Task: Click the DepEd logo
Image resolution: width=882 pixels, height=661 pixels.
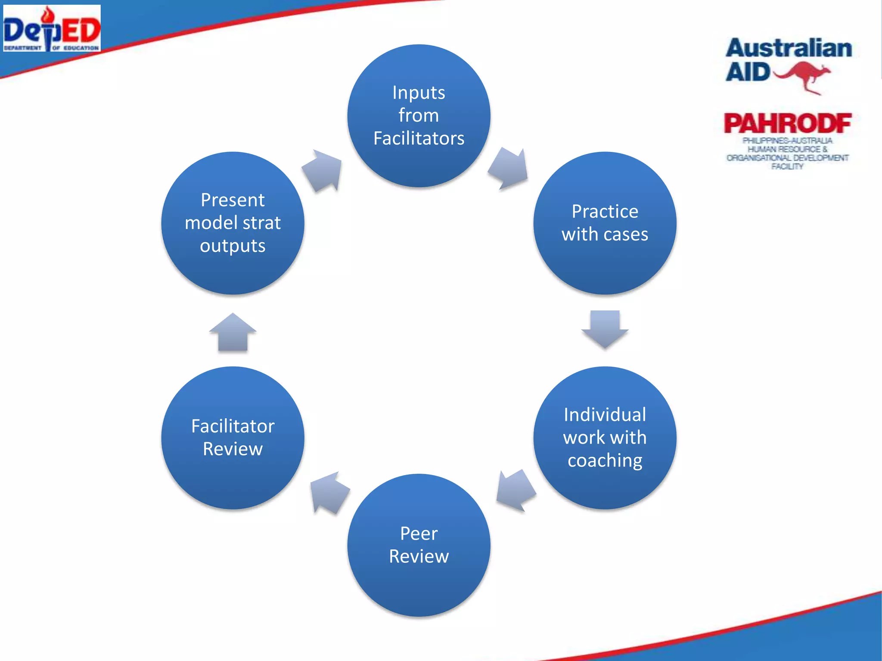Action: pyautogui.click(x=52, y=28)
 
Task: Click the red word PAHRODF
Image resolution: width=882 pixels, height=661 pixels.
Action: pyautogui.click(x=787, y=124)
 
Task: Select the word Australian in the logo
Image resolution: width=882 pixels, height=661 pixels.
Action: pyautogui.click(x=789, y=48)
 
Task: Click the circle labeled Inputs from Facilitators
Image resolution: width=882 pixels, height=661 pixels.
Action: pyautogui.click(x=419, y=115)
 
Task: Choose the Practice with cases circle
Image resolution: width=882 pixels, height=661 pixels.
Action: pyautogui.click(x=605, y=223)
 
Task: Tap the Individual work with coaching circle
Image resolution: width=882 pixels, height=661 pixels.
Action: pyautogui.click(x=605, y=438)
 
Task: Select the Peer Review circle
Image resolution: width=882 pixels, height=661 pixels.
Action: pyautogui.click(x=419, y=545)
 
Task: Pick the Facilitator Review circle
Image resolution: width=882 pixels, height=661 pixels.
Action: pyautogui.click(x=233, y=438)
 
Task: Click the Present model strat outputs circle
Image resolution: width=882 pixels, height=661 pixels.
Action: pyautogui.click(x=233, y=223)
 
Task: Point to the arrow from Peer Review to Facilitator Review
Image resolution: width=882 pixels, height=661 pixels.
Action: pyautogui.click(x=329, y=493)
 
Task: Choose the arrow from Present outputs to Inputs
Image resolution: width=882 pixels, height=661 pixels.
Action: pyautogui.click(x=323, y=170)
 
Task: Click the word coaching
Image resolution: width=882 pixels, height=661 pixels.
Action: pyautogui.click(x=605, y=461)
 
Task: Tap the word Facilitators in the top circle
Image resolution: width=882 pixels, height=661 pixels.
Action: pyautogui.click(x=419, y=139)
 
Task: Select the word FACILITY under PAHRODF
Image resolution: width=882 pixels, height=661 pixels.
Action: pyautogui.click(x=787, y=167)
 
